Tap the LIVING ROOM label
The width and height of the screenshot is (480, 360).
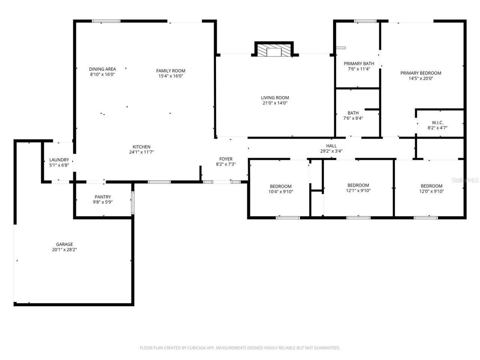[x=275, y=98]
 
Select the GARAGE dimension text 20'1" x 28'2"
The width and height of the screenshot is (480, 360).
[x=64, y=250]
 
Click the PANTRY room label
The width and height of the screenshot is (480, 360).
[x=103, y=197]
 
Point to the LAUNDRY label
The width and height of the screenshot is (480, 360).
[x=59, y=160]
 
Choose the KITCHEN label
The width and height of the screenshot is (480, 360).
[x=141, y=147]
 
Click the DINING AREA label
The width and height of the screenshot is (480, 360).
[x=102, y=69]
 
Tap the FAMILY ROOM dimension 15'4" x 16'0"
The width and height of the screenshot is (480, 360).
[x=171, y=76]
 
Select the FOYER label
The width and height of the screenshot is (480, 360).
[x=226, y=159]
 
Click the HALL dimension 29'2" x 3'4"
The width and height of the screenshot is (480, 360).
[x=331, y=151]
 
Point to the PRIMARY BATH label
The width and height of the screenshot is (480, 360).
[x=359, y=64]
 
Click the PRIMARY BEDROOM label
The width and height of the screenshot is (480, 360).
[x=421, y=73]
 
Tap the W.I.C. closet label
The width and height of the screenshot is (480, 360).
[x=438, y=123]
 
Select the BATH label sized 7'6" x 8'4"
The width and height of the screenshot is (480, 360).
[x=353, y=113]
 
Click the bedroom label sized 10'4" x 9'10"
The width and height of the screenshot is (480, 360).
[x=280, y=186]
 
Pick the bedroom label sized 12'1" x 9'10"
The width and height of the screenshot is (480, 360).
[x=358, y=185]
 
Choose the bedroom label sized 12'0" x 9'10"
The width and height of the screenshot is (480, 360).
[x=431, y=186]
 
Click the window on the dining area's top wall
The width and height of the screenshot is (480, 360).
[x=106, y=21]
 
